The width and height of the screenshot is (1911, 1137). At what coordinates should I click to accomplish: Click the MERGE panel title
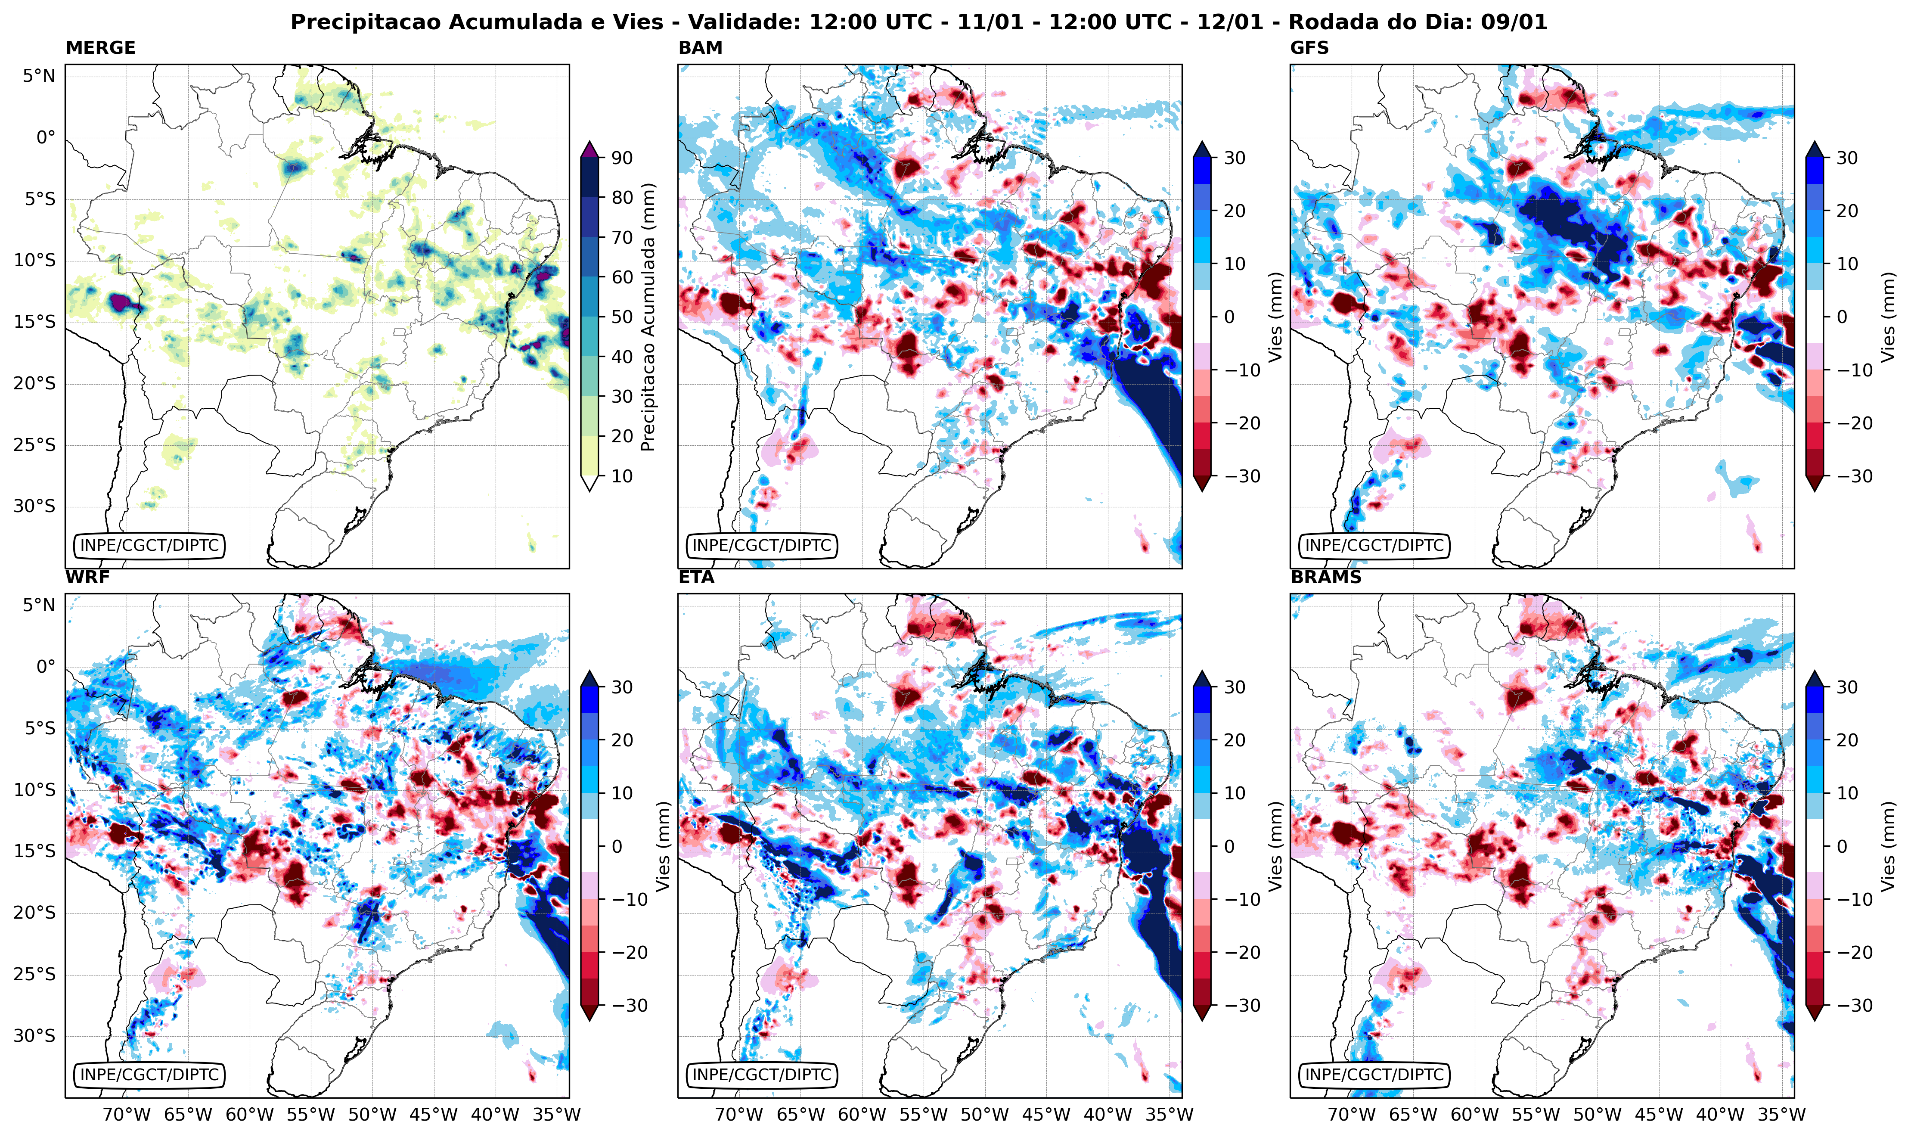[100, 48]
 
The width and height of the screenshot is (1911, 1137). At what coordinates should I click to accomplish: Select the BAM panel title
[700, 48]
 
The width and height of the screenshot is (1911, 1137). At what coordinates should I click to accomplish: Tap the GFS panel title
[1310, 48]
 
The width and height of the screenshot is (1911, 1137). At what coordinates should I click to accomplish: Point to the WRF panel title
[87, 578]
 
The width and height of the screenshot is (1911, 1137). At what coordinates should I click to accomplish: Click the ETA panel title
[696, 578]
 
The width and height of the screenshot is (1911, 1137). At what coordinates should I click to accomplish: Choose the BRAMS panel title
[1326, 578]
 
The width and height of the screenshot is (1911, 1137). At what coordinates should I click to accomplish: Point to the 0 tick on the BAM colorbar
[1228, 317]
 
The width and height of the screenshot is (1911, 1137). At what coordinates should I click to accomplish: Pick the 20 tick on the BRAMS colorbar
[1847, 740]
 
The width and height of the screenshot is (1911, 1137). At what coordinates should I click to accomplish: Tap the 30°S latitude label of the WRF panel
[34, 1036]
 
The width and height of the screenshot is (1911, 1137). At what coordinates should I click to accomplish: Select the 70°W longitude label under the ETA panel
[739, 1115]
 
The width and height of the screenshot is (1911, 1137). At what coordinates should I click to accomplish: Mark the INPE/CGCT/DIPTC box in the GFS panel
[1374, 546]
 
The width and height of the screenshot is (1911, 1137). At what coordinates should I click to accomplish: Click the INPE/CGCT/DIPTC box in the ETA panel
[761, 1075]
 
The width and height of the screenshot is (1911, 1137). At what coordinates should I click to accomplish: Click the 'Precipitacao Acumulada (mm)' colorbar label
[648, 317]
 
